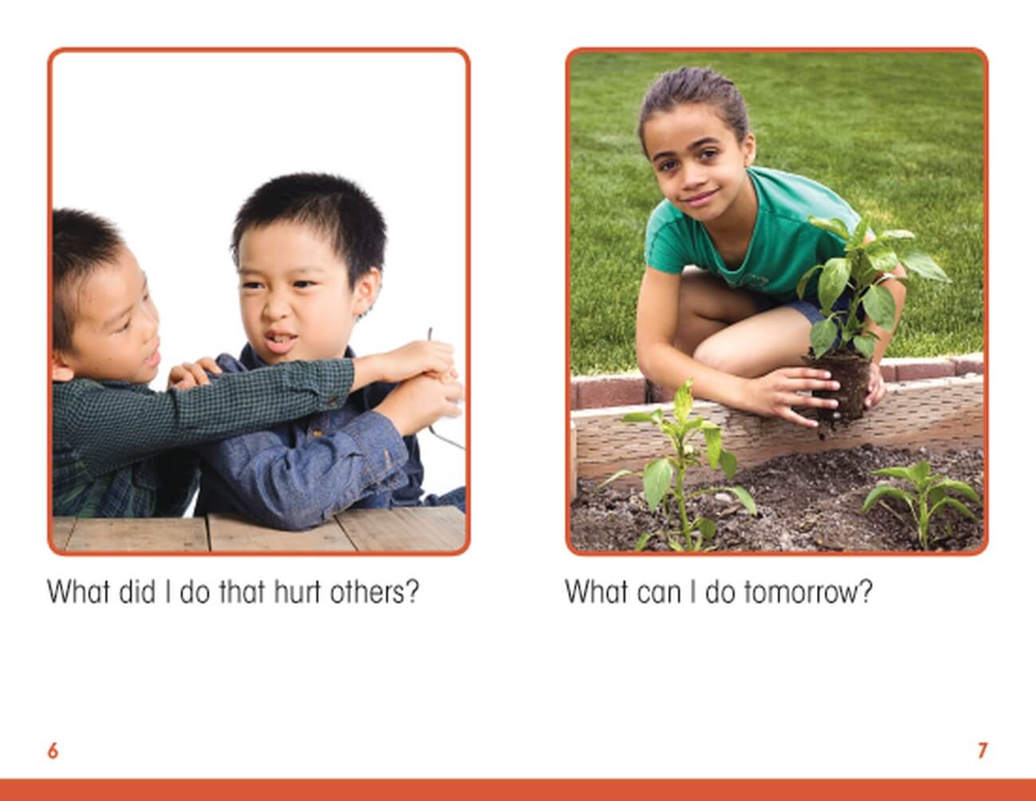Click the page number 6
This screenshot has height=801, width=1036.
tap(53, 751)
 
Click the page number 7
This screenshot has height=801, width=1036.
tap(983, 751)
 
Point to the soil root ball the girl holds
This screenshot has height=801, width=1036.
tap(842, 387)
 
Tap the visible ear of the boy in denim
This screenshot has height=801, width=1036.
tap(368, 292)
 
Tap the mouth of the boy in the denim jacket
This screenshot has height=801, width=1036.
tap(281, 341)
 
